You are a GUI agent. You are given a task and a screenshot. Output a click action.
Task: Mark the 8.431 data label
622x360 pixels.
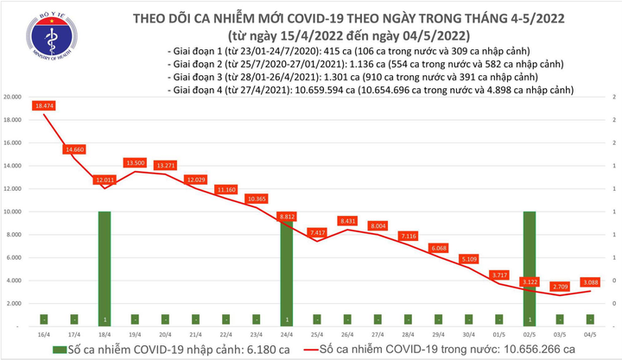click(x=348, y=220)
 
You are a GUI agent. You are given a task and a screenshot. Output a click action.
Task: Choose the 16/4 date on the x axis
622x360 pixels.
click(x=43, y=332)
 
